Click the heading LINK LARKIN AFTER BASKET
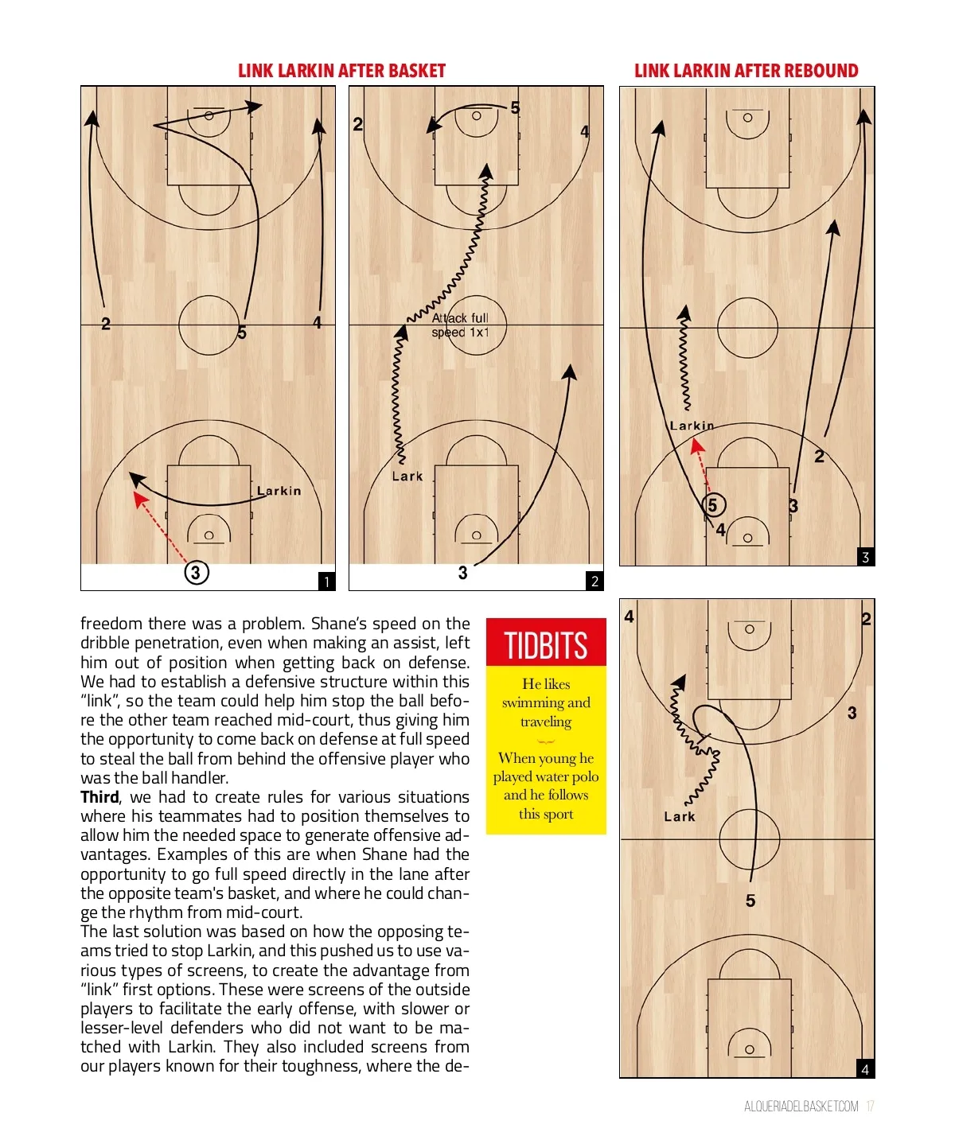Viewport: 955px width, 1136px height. tap(341, 71)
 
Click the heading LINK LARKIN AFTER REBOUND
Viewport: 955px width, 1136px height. tap(746, 71)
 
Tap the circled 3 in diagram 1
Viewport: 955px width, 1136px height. tap(196, 572)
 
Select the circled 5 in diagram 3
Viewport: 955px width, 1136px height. tap(713, 505)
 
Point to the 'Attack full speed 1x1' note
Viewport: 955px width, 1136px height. tap(460, 325)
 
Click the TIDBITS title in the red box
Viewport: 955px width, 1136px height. tap(546, 645)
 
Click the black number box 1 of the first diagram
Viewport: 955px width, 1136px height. tap(326, 582)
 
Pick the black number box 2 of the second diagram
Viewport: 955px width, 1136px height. tap(594, 582)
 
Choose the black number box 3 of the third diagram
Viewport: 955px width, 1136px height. tap(866, 557)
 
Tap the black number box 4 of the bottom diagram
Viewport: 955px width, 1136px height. tap(866, 1070)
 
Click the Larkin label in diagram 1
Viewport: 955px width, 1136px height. tap(279, 491)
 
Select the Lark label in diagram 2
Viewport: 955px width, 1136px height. tap(407, 476)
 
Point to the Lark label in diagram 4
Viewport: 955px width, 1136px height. tap(680, 816)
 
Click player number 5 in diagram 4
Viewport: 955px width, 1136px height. tap(750, 901)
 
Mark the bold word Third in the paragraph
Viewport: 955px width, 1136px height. tap(99, 796)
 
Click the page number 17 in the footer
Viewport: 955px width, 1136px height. tap(870, 1107)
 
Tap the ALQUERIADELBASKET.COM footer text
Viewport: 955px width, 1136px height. tap(801, 1107)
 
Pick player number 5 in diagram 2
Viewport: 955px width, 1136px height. tap(515, 107)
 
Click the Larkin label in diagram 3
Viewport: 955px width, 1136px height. tap(692, 426)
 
